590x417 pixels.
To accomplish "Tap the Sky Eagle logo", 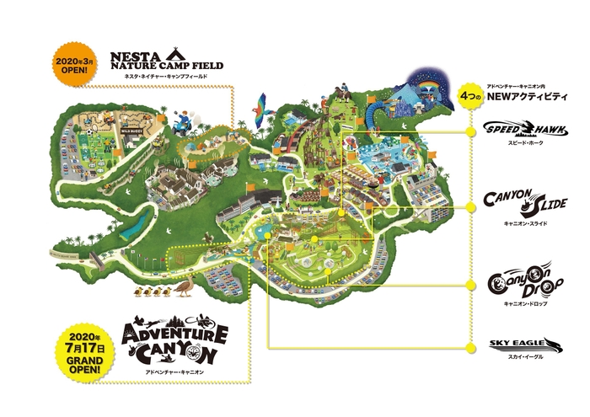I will [524, 344].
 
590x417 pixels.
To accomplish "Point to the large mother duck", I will [187, 290].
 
